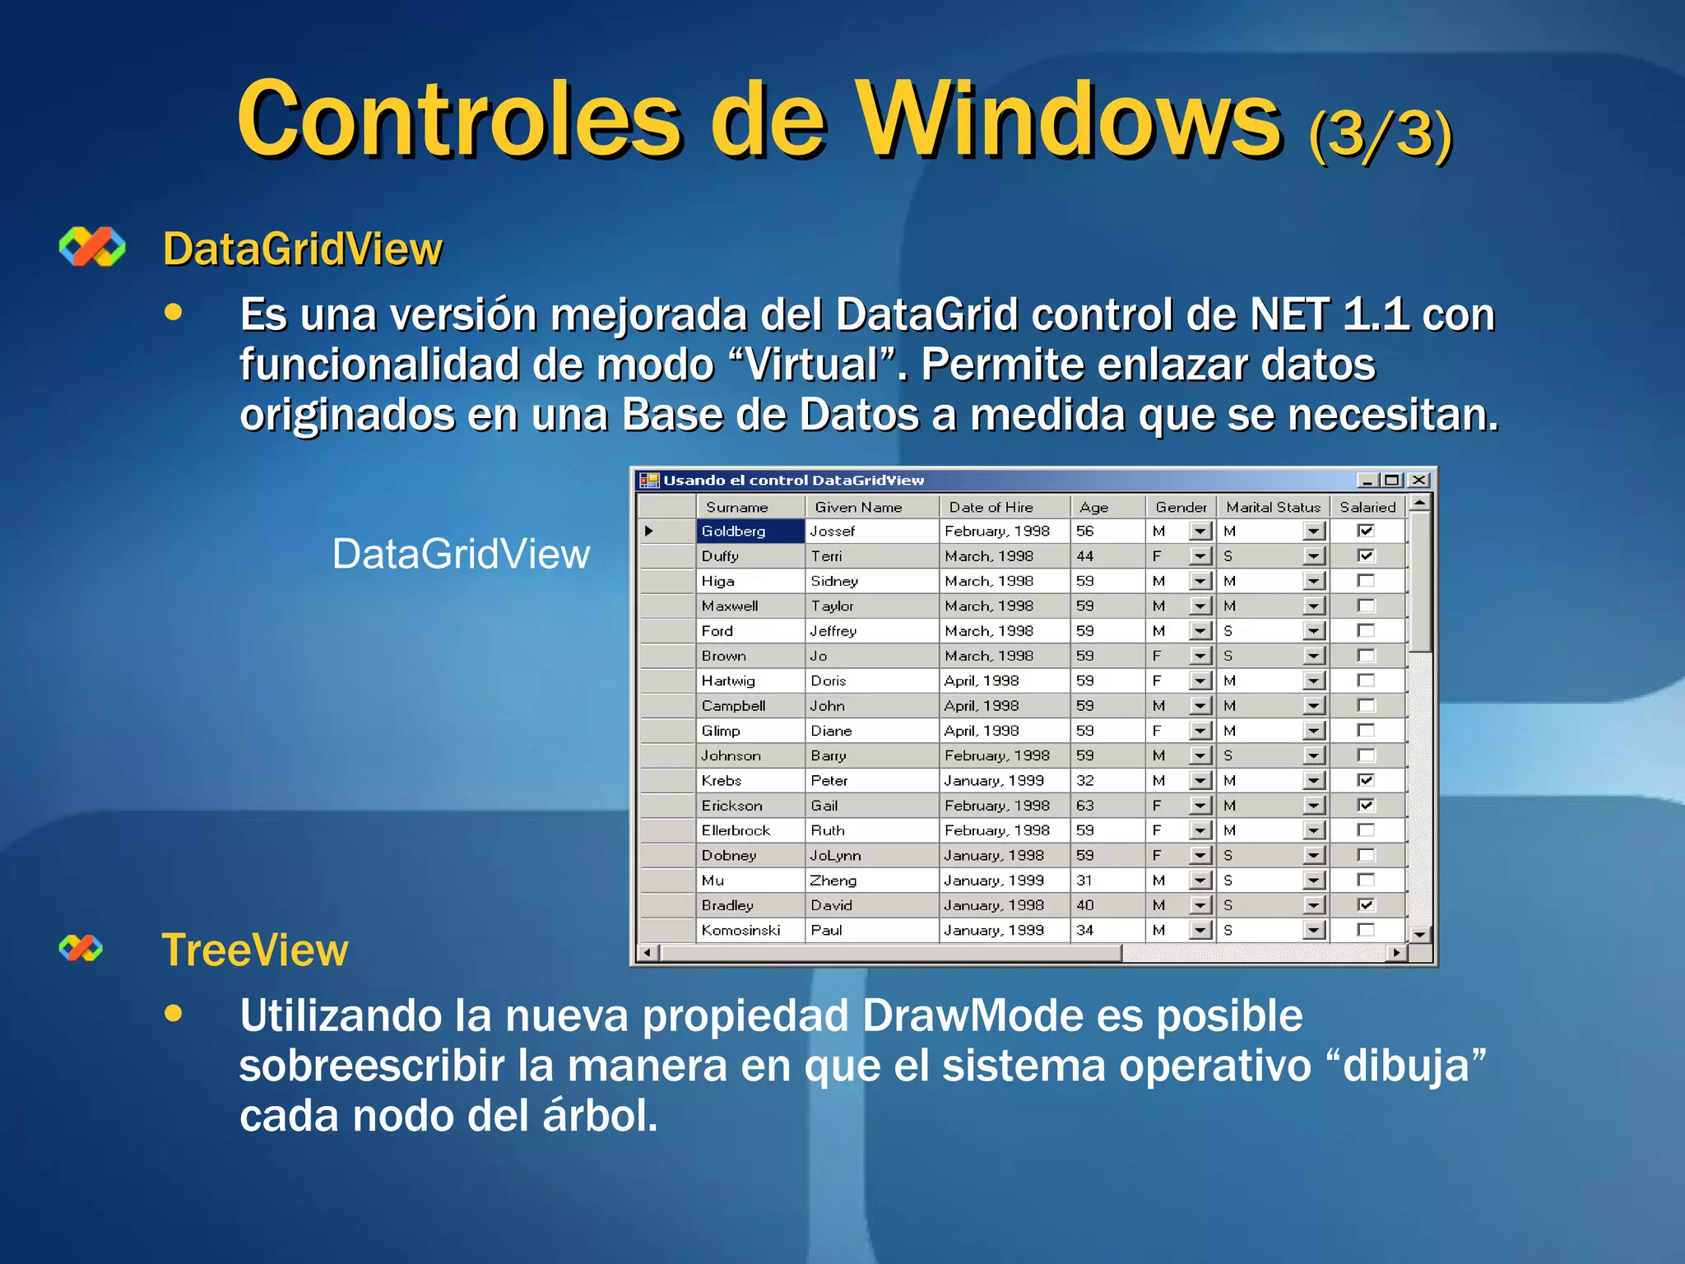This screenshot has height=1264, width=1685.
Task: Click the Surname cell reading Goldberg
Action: [734, 532]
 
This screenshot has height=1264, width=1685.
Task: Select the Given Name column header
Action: [858, 507]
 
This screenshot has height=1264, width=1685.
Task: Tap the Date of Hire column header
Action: [991, 507]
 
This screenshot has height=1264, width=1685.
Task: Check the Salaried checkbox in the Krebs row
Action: [1366, 780]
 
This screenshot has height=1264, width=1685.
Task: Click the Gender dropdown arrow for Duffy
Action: [1200, 556]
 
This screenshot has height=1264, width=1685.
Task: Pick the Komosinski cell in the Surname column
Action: [740, 930]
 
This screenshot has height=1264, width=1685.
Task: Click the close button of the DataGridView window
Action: [1418, 480]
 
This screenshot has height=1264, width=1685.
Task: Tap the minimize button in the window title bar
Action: [1367, 480]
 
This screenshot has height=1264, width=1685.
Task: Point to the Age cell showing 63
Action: [1085, 806]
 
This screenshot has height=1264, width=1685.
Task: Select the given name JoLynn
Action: [835, 855]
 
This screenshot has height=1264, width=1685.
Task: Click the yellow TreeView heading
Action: [255, 950]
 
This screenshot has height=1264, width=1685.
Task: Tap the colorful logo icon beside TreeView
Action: [81, 948]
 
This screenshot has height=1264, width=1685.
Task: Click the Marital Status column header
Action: [1273, 507]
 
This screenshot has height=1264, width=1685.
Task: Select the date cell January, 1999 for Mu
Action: [994, 881]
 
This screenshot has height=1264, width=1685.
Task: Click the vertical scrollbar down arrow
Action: [1419, 934]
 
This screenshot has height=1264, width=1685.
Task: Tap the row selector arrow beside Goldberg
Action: [649, 532]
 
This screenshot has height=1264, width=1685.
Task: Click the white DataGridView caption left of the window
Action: [461, 554]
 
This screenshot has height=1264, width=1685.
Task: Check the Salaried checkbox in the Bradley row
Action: [1366, 905]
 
